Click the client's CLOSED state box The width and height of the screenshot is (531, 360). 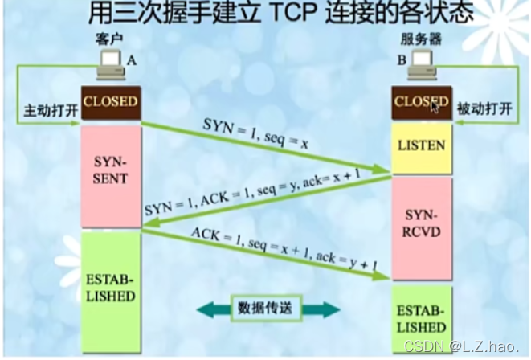pos(111,102)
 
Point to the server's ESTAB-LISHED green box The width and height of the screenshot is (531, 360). pos(421,320)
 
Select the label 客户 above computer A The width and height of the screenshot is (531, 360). pos(108,39)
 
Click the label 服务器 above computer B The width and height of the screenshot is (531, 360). pos(419,39)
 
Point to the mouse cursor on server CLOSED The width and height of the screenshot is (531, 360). pos(435,106)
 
